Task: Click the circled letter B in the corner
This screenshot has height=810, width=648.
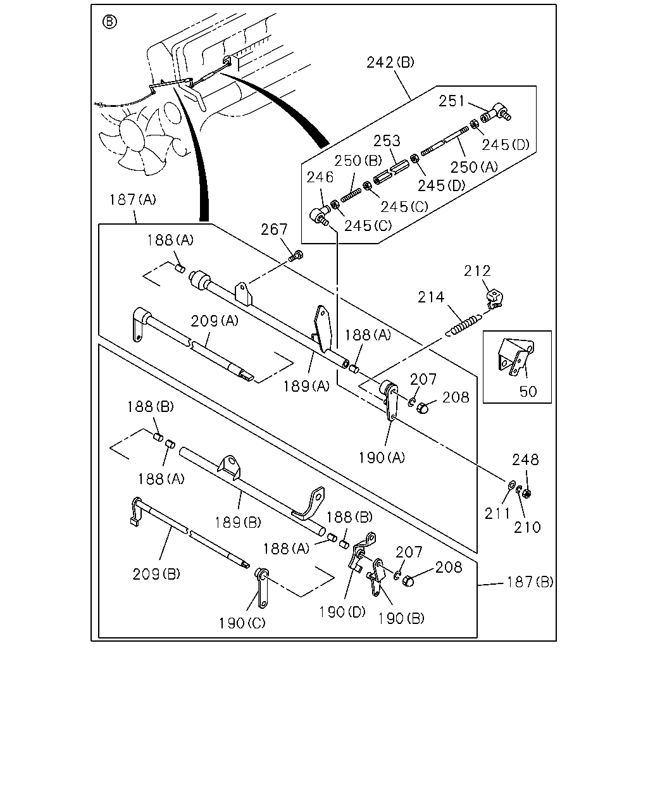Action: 109,22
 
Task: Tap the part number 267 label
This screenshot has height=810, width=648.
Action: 274,229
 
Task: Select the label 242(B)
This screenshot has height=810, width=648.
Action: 390,62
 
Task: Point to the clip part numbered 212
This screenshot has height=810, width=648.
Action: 495,299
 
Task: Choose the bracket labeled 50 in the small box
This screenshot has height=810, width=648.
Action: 516,356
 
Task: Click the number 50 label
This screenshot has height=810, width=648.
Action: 528,392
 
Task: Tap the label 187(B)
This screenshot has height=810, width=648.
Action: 530,582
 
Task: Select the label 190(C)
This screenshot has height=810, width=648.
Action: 242,623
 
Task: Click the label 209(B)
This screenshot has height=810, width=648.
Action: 156,574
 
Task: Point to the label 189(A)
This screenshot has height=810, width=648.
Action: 306,386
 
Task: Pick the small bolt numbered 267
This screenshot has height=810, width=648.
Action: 296,256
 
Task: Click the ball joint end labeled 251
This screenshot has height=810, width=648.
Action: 495,112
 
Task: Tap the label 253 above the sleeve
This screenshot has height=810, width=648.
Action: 387,141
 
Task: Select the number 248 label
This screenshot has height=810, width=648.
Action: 525,459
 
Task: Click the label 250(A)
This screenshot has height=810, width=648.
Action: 474,167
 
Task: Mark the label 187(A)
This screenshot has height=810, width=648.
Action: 132,199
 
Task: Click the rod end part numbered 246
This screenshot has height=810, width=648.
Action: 319,216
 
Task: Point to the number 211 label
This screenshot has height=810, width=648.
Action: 497,513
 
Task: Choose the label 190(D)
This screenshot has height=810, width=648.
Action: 342,612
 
